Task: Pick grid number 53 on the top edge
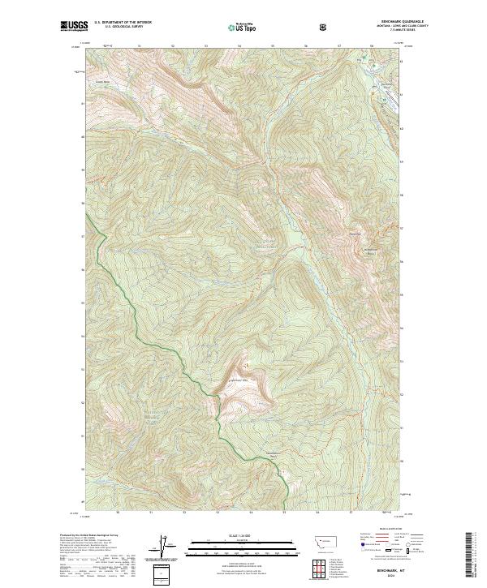pyautogui.click(x=205, y=46)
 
